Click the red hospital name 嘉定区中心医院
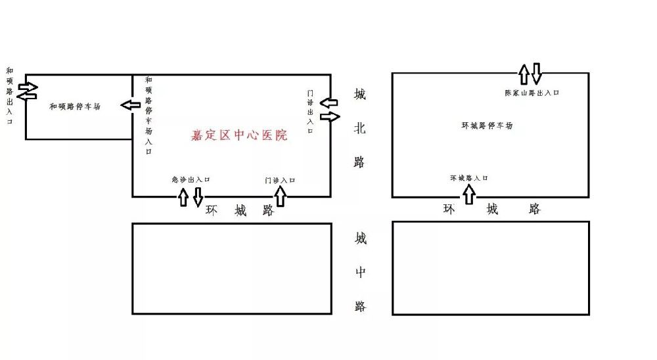[x=239, y=135]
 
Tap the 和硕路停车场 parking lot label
[x=75, y=106]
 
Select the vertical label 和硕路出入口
[x=9, y=95]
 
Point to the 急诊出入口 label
[x=190, y=179]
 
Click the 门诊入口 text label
[x=280, y=179]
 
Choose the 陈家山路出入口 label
[x=532, y=93]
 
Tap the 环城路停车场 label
[x=487, y=125]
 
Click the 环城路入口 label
[x=469, y=178]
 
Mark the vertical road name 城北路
[x=360, y=129]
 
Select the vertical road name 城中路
[x=360, y=272]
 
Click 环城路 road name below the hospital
[x=240, y=211]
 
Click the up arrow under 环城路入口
[x=469, y=194]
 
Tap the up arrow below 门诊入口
[x=281, y=196]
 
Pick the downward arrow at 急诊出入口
[x=198, y=197]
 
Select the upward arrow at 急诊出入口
[x=183, y=197]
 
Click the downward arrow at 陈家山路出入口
[x=537, y=74]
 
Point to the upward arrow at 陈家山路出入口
[x=524, y=74]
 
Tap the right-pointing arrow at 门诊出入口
[x=330, y=116]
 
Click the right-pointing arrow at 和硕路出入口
[x=28, y=86]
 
